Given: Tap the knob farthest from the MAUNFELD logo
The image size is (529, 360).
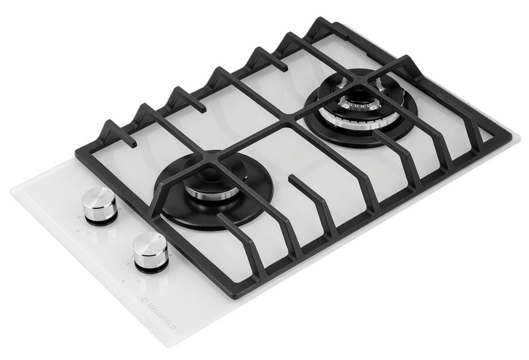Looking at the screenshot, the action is (99, 206).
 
